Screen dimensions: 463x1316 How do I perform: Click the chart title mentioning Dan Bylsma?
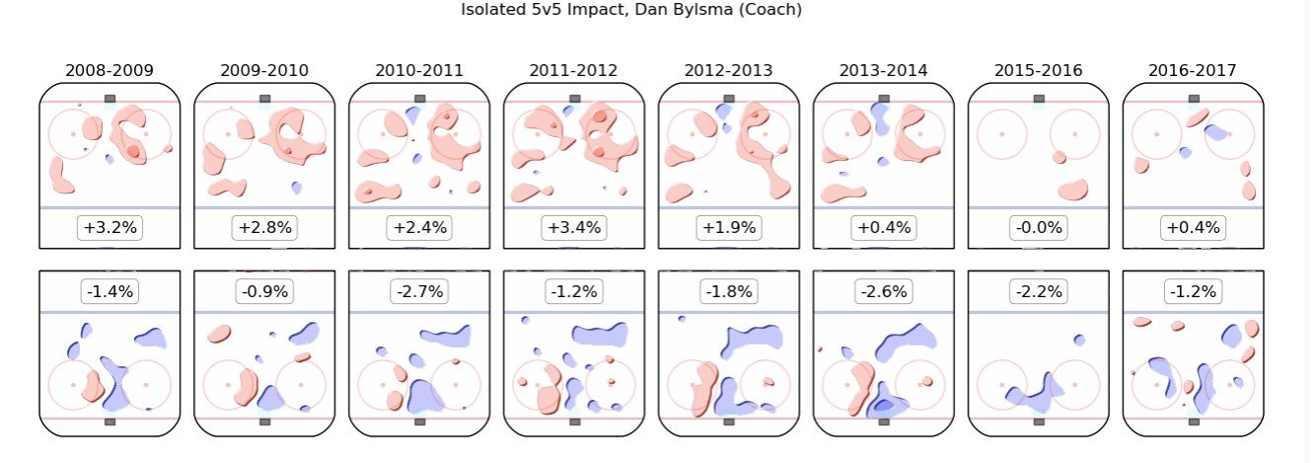(632, 10)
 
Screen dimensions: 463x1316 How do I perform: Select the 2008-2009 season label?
(109, 71)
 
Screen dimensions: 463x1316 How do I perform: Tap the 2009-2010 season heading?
(263, 71)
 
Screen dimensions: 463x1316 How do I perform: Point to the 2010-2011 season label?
(419, 71)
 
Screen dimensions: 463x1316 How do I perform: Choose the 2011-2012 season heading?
(574, 71)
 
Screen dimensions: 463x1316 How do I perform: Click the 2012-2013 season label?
(729, 71)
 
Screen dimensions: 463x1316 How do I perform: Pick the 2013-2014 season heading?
(884, 71)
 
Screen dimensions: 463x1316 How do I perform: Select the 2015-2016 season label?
(1039, 71)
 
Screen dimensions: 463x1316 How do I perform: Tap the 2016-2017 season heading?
(1194, 71)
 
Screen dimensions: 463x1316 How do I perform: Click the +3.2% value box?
(110, 228)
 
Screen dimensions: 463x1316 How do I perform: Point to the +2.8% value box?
(264, 228)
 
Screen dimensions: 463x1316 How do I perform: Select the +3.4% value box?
(574, 228)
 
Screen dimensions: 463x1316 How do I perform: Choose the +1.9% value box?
(729, 228)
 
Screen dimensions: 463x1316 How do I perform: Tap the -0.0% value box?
(1039, 228)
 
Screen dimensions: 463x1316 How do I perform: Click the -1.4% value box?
(110, 291)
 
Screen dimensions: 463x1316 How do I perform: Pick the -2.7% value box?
(419, 291)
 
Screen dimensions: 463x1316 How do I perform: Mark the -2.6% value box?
(884, 291)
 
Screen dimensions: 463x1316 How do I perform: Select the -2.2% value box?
(1039, 291)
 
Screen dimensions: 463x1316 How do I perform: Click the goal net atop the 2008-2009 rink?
(110, 99)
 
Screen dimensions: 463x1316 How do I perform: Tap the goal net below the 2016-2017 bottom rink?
(1194, 422)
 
